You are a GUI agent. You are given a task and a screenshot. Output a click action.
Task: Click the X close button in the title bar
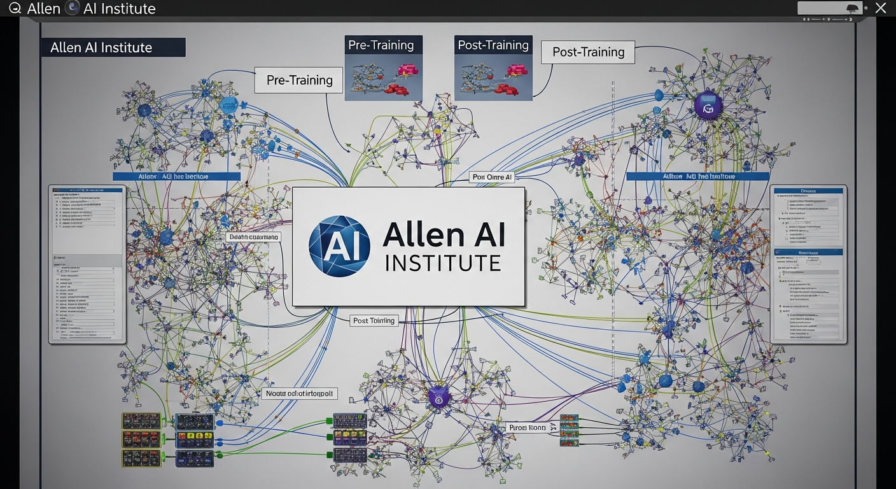880,8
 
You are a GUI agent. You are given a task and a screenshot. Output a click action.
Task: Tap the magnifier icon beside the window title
15,8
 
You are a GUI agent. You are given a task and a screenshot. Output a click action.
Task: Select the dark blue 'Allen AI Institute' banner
113,48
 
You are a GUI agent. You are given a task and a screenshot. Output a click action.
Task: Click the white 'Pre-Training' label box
299,80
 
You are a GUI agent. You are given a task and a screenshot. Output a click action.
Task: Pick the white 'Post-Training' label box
588,52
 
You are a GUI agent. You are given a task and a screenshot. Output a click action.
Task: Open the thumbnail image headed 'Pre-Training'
383,68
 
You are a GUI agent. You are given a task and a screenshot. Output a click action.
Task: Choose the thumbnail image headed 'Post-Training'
493,68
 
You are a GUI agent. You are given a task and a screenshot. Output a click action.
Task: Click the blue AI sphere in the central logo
339,246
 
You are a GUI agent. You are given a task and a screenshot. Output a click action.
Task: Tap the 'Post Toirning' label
375,321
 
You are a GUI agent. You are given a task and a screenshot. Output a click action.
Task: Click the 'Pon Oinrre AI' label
492,177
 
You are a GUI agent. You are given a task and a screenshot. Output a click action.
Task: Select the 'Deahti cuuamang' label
253,237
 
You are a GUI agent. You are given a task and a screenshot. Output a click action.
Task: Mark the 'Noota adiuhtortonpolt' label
299,394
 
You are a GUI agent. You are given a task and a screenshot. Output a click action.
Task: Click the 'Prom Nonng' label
528,428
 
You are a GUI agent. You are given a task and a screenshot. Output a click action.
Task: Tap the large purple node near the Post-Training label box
707,106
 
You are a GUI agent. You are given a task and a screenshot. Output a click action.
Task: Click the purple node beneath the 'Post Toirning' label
438,397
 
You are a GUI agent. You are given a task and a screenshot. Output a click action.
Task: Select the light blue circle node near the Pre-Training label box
228,106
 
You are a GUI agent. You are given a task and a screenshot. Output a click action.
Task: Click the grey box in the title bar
830,8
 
